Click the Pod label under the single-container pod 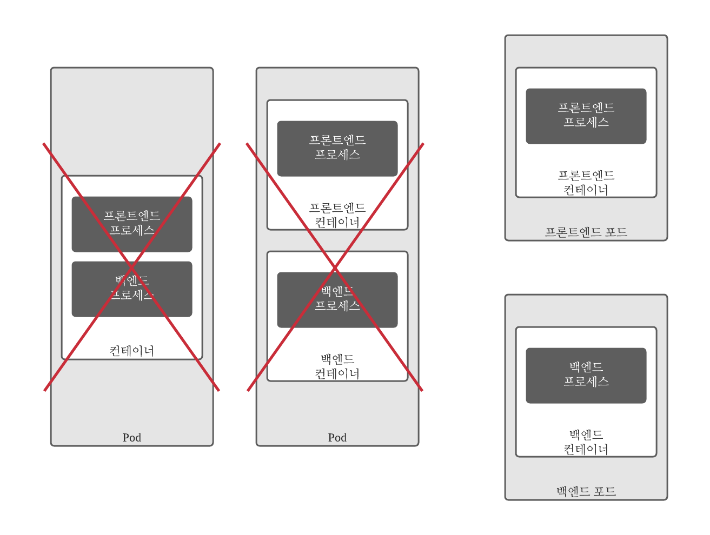click(x=132, y=437)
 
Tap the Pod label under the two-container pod click(x=337, y=437)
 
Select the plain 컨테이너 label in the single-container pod click(x=132, y=351)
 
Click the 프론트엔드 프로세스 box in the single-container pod click(x=132, y=224)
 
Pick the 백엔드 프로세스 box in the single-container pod click(x=132, y=289)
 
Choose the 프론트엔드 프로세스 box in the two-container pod click(x=337, y=148)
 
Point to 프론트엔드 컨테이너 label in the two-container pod click(x=337, y=215)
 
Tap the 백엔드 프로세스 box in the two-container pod click(x=337, y=299)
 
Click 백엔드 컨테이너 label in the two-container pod click(x=337, y=366)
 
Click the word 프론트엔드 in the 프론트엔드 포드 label click(x=573, y=232)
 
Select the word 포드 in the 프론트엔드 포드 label click(x=616, y=232)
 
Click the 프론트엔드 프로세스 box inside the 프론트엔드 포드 click(x=586, y=116)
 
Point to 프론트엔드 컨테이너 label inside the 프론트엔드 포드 click(x=586, y=182)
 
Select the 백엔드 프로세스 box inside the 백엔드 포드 click(x=586, y=375)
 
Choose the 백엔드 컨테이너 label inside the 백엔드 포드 click(x=586, y=442)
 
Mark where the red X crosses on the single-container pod click(x=131, y=266)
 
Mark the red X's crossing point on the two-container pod click(x=335, y=266)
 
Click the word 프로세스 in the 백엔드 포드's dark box click(x=586, y=382)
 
